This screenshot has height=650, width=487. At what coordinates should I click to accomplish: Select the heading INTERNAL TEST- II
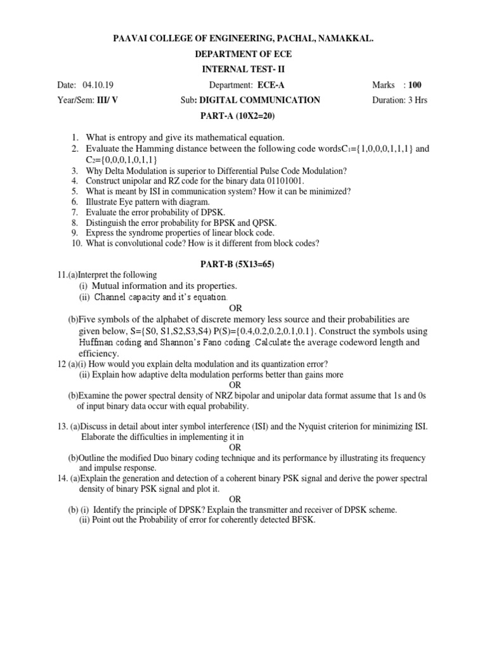point(243,70)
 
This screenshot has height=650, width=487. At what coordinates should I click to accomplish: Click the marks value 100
point(415,85)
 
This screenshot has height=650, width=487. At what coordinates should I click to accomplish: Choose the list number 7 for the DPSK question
point(74,212)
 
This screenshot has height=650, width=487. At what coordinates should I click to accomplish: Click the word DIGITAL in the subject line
point(218,100)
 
